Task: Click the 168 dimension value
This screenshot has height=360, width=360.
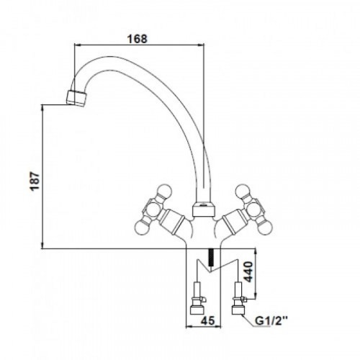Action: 137,39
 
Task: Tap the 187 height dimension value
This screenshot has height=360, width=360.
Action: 35,181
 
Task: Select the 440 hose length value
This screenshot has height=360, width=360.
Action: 248,272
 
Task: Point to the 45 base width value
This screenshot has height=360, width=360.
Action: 208,320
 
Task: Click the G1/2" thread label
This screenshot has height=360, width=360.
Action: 271,320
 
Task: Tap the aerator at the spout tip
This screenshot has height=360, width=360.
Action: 77,98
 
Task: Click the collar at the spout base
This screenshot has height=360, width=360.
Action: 203,210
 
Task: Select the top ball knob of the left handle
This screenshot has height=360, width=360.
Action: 165,192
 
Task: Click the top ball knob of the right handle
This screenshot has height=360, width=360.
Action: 243,192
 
